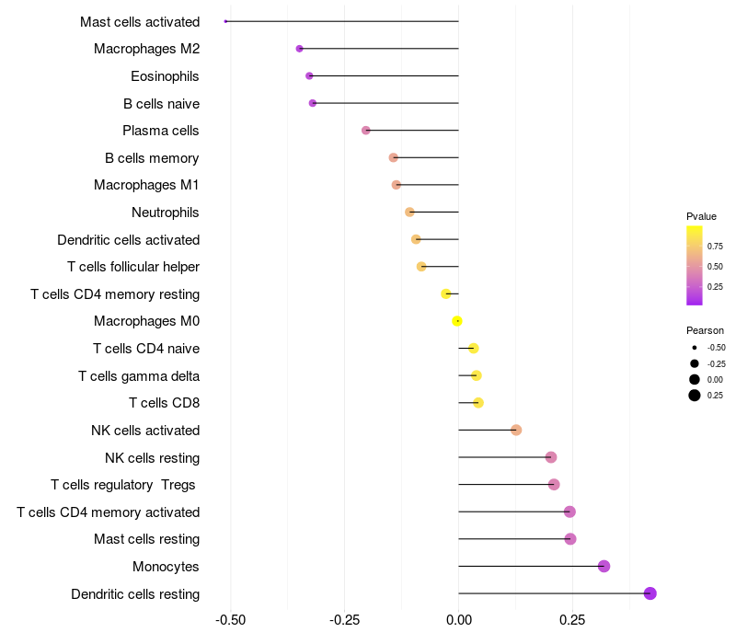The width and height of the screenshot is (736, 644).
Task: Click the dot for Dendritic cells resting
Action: click(650, 593)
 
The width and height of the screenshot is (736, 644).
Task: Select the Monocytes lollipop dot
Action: click(604, 566)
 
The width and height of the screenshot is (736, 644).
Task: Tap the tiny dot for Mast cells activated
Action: click(225, 21)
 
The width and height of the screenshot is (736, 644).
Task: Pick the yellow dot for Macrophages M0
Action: click(457, 321)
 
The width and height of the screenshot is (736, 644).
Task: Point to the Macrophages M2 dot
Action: click(299, 49)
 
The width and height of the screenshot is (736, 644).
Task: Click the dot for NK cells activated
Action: click(516, 431)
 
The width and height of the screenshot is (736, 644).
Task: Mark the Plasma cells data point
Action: click(366, 131)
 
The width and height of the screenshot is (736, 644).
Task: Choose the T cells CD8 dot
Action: click(477, 403)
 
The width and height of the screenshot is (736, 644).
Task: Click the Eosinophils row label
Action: click(165, 76)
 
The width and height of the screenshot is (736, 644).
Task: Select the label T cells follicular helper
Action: click(133, 267)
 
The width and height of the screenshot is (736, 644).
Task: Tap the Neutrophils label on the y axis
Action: click(166, 213)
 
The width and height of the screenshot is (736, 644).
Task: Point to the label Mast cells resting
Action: click(147, 539)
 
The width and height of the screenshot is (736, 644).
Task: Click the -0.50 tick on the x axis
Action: click(230, 620)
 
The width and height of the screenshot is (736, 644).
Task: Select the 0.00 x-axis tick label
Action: click(458, 620)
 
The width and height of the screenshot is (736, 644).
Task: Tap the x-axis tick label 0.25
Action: click(572, 620)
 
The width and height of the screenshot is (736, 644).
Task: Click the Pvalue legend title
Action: click(701, 216)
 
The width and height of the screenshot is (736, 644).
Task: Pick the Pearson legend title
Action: click(705, 330)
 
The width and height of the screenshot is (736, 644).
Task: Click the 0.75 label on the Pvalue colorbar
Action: click(715, 247)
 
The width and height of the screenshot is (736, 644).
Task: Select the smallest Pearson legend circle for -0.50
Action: click(694, 348)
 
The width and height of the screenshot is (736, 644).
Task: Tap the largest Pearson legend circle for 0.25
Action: click(694, 396)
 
